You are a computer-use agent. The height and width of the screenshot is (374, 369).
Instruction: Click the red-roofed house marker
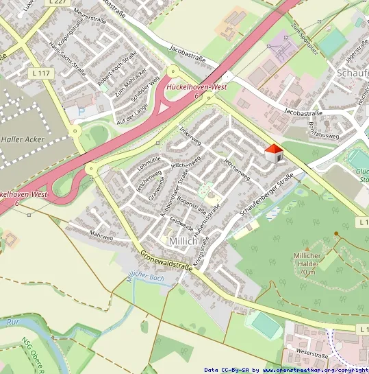click(274, 154)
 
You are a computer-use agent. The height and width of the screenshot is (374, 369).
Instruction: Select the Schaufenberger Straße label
click(267, 198)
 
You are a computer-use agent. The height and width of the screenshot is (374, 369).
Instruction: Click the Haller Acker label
click(23, 139)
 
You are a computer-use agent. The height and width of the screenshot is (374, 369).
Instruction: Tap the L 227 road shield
click(58, 3)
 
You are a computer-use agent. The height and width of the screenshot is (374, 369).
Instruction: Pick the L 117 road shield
click(42, 73)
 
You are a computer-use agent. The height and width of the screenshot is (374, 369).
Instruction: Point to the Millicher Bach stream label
click(146, 279)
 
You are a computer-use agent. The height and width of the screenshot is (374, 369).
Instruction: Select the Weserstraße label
click(312, 355)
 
